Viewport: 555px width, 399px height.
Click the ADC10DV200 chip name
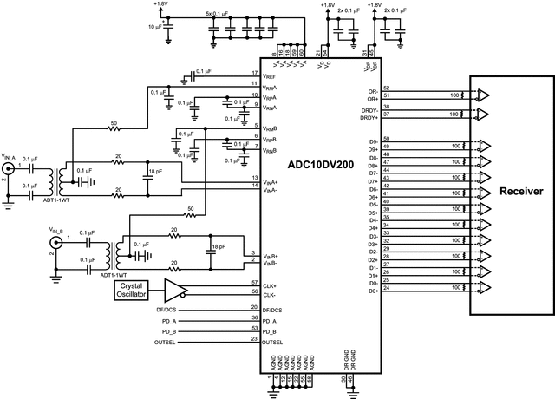[x=322, y=163]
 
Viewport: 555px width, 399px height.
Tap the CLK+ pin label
[x=271, y=284]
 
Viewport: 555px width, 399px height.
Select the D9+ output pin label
[x=373, y=149]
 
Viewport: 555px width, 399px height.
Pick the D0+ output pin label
[x=373, y=291]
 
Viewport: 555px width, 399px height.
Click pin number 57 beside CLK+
[x=254, y=283]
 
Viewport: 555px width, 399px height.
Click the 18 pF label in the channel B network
[x=218, y=248]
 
